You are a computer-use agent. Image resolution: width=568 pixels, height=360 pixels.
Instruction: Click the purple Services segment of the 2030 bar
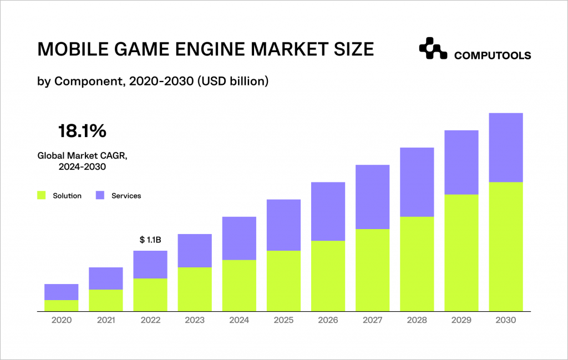point(506,148)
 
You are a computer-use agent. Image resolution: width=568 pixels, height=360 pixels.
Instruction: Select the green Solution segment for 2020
point(61,306)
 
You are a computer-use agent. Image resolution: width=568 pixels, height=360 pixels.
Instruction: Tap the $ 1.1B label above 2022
point(150,240)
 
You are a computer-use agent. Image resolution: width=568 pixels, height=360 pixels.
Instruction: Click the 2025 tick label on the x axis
point(283,320)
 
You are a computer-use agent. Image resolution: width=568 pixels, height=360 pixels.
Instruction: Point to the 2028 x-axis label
point(417,320)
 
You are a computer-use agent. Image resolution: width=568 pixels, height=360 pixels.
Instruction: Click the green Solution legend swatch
point(42,195)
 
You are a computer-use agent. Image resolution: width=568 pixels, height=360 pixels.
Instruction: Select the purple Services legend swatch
point(100,195)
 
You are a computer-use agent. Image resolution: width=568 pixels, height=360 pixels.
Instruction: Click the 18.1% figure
point(82,131)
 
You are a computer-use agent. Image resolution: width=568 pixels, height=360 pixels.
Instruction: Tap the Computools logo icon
point(433,49)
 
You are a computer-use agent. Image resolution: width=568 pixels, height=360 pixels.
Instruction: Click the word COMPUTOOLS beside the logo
point(493,55)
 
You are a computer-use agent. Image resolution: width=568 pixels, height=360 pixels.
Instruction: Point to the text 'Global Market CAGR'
point(82,156)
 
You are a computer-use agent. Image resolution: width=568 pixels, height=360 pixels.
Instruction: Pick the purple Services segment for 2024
point(239,238)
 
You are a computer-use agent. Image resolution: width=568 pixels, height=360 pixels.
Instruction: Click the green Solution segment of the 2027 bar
point(372,270)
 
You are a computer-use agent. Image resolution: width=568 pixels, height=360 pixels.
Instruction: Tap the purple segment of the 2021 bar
point(105,278)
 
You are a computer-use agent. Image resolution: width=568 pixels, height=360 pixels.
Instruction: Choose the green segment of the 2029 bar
point(461,253)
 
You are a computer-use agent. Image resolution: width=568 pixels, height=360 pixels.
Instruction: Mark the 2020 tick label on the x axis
point(61,320)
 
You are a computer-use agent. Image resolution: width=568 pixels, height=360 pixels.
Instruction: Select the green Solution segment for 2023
point(195,289)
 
